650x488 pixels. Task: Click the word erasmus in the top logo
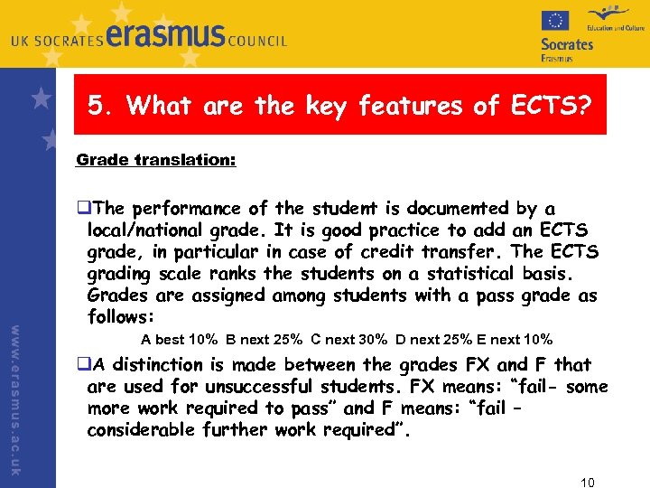coord(166,36)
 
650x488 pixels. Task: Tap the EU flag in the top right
coord(554,21)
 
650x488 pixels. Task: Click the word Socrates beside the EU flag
coord(567,43)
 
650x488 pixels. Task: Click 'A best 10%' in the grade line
coord(180,340)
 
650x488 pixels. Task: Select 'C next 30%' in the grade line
coord(348,340)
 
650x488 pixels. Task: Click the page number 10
coord(586,481)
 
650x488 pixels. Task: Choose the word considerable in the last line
coord(144,430)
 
